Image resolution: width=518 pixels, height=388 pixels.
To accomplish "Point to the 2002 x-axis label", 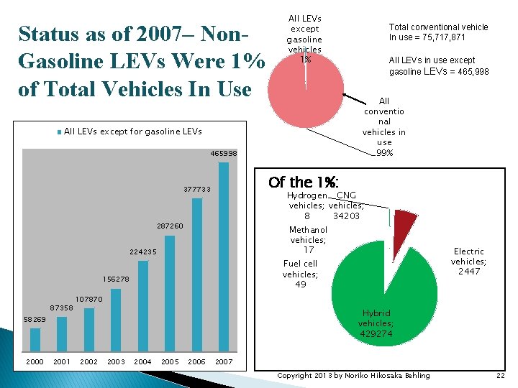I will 89,361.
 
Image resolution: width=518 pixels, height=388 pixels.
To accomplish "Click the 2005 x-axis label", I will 170,361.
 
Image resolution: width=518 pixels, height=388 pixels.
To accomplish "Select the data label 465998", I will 223,154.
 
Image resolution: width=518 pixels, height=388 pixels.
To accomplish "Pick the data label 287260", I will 170,226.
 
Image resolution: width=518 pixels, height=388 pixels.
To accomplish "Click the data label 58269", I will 35,318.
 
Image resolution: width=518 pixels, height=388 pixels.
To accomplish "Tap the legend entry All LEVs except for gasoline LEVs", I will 129,131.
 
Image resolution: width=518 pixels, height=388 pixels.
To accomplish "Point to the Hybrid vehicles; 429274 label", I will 376,323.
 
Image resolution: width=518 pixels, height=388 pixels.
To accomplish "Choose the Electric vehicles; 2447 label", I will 469,262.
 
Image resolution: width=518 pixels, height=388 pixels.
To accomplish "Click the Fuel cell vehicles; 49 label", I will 300,274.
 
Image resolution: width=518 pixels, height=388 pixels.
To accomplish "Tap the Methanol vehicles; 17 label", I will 308,239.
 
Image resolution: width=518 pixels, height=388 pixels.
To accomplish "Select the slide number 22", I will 500,375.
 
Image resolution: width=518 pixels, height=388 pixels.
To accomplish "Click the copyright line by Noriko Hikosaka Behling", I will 353,375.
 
